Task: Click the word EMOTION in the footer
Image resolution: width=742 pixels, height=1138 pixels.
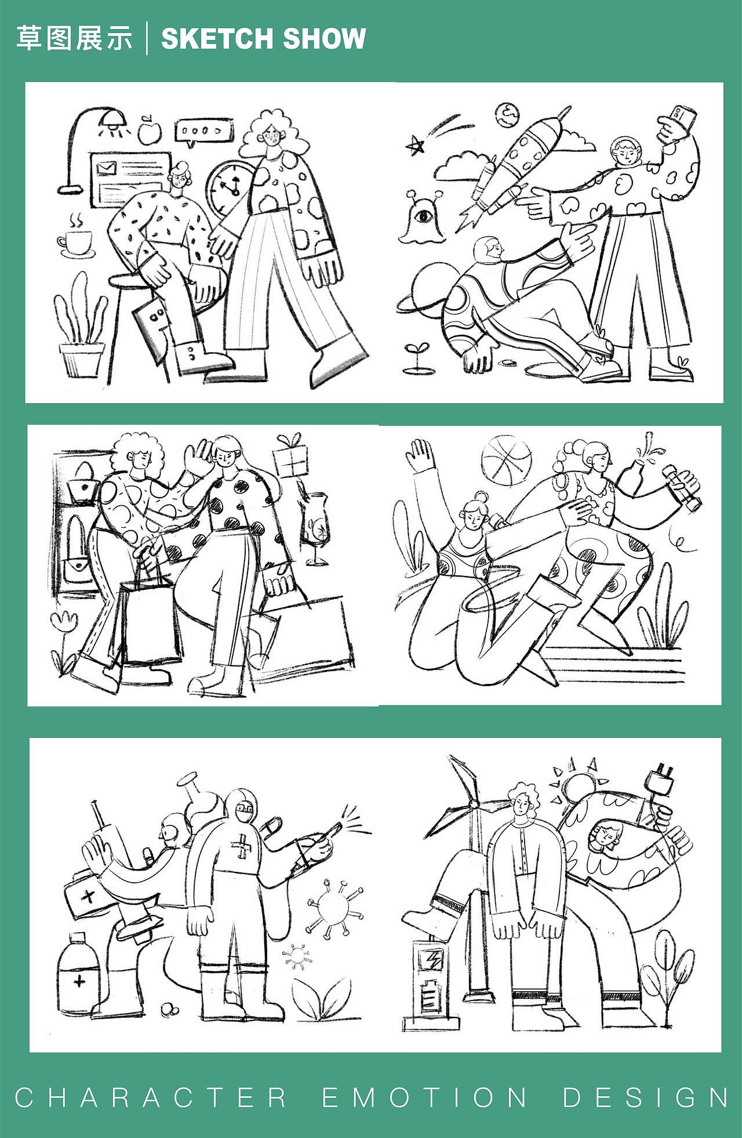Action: point(424,1097)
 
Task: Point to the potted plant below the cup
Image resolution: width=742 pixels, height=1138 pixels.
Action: point(82,331)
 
